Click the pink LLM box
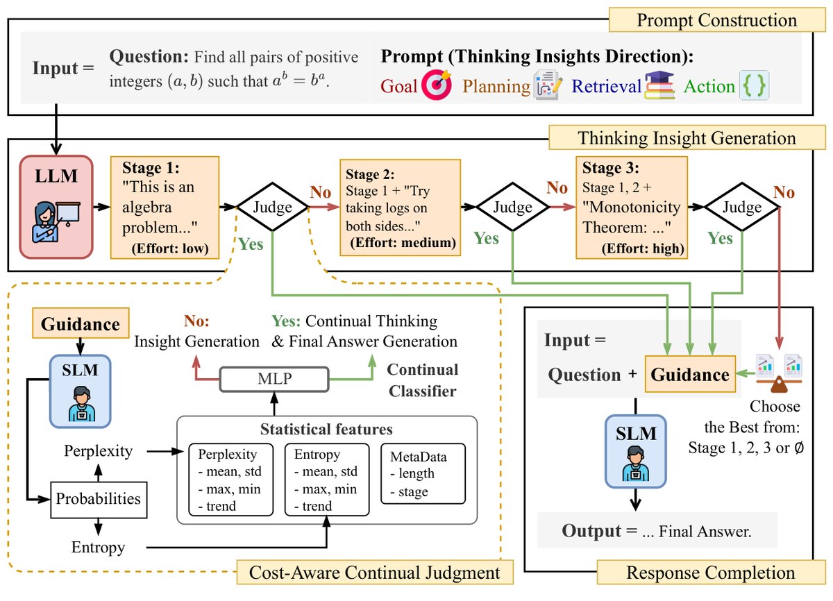click(x=56, y=207)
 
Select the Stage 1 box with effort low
click(x=165, y=208)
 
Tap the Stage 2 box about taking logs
click(x=400, y=208)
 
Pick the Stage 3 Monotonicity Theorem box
click(x=632, y=208)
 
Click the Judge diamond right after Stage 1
click(x=273, y=207)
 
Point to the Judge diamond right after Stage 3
click(x=742, y=207)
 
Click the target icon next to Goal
click(x=437, y=85)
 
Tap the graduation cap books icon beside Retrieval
click(x=659, y=85)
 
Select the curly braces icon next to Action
click(x=754, y=85)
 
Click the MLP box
click(x=274, y=379)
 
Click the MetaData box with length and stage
click(x=423, y=473)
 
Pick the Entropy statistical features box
click(x=327, y=480)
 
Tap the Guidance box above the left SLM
click(x=81, y=323)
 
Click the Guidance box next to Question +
click(x=690, y=374)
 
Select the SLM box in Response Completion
click(x=636, y=451)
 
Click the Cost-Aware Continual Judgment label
click(x=375, y=573)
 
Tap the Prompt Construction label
click(x=717, y=20)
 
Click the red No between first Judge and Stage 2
click(x=321, y=192)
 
